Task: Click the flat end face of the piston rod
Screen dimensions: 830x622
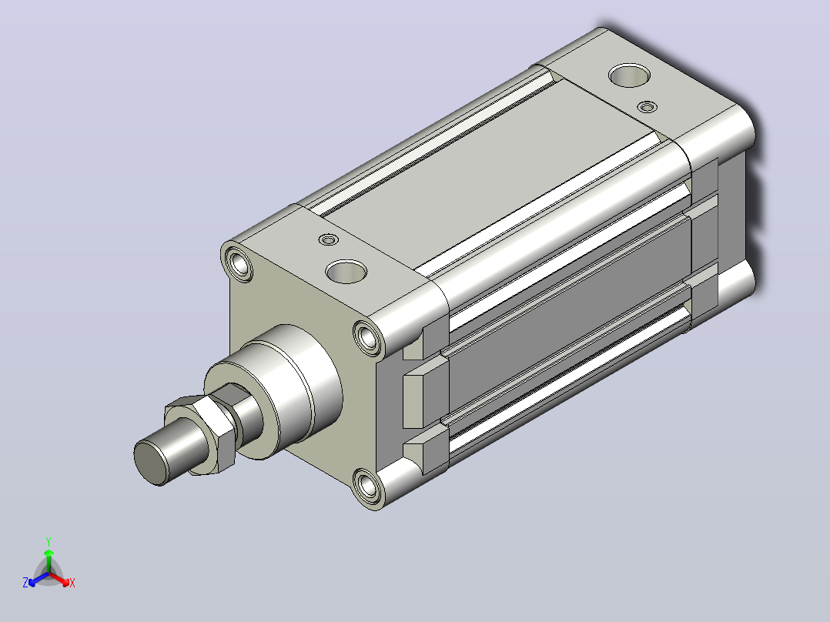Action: [x=150, y=462]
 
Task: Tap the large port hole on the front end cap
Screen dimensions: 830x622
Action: [x=346, y=272]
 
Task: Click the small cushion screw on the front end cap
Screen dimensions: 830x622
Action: [x=330, y=240]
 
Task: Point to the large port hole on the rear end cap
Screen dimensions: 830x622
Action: [x=629, y=75]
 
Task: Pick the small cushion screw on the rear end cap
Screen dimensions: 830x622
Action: [x=647, y=107]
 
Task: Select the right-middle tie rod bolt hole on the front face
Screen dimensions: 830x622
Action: [x=368, y=336]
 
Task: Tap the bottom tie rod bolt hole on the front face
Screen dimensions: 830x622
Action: [x=367, y=486]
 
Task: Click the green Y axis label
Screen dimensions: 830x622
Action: [x=49, y=541]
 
